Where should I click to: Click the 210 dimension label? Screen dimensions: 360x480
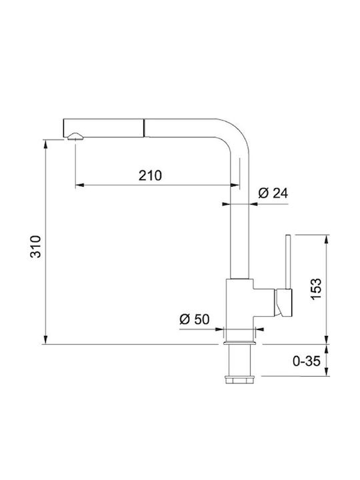tap(150, 175)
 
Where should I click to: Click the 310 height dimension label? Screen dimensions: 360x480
tap(35, 247)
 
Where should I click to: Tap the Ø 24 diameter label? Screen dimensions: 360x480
tap(273, 193)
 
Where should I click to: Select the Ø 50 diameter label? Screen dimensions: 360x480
tap(195, 319)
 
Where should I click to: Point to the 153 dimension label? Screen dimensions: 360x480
tap(316, 289)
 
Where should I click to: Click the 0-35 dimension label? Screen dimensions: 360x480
tap(307, 361)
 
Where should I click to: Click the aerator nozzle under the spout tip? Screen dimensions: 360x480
tap(75, 137)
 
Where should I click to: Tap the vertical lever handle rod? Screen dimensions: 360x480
tap(288, 262)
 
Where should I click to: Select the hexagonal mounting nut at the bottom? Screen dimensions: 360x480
tap(239, 379)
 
